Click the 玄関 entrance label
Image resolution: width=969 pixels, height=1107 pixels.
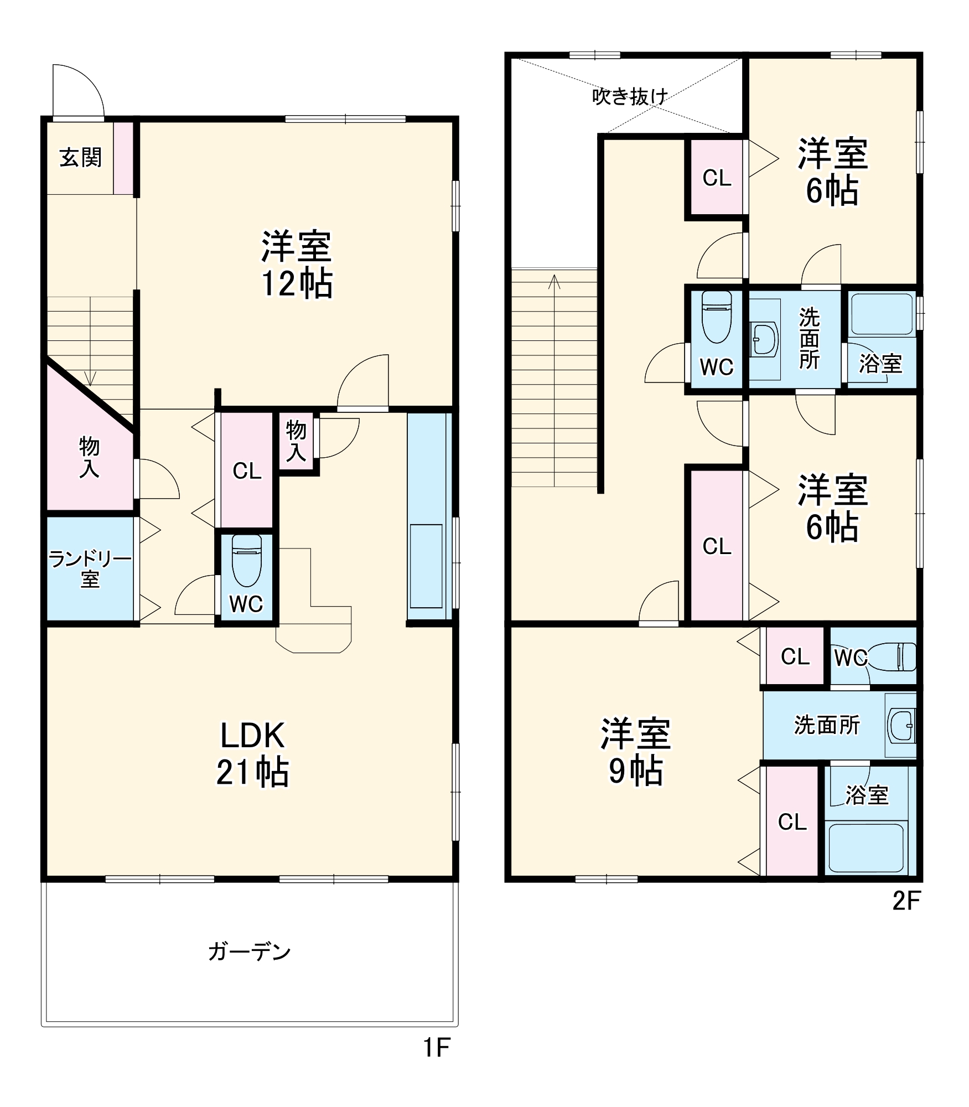coord(80,158)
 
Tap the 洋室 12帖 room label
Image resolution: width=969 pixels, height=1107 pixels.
coord(296,265)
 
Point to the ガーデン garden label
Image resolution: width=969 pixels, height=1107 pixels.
coord(249,951)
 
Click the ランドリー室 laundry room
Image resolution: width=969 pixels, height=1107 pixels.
coord(90,569)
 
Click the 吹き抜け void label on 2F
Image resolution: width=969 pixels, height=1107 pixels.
coord(630,97)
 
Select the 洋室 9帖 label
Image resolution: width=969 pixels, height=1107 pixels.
coord(635,752)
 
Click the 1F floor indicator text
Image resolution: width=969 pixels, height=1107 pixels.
coord(437,1047)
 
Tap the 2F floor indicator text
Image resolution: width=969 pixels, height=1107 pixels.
coord(906,902)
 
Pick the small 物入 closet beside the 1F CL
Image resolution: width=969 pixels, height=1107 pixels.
coord(296,441)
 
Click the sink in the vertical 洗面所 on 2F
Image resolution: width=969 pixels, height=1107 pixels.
coord(765,339)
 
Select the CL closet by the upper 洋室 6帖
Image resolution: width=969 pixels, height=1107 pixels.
coord(717,178)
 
